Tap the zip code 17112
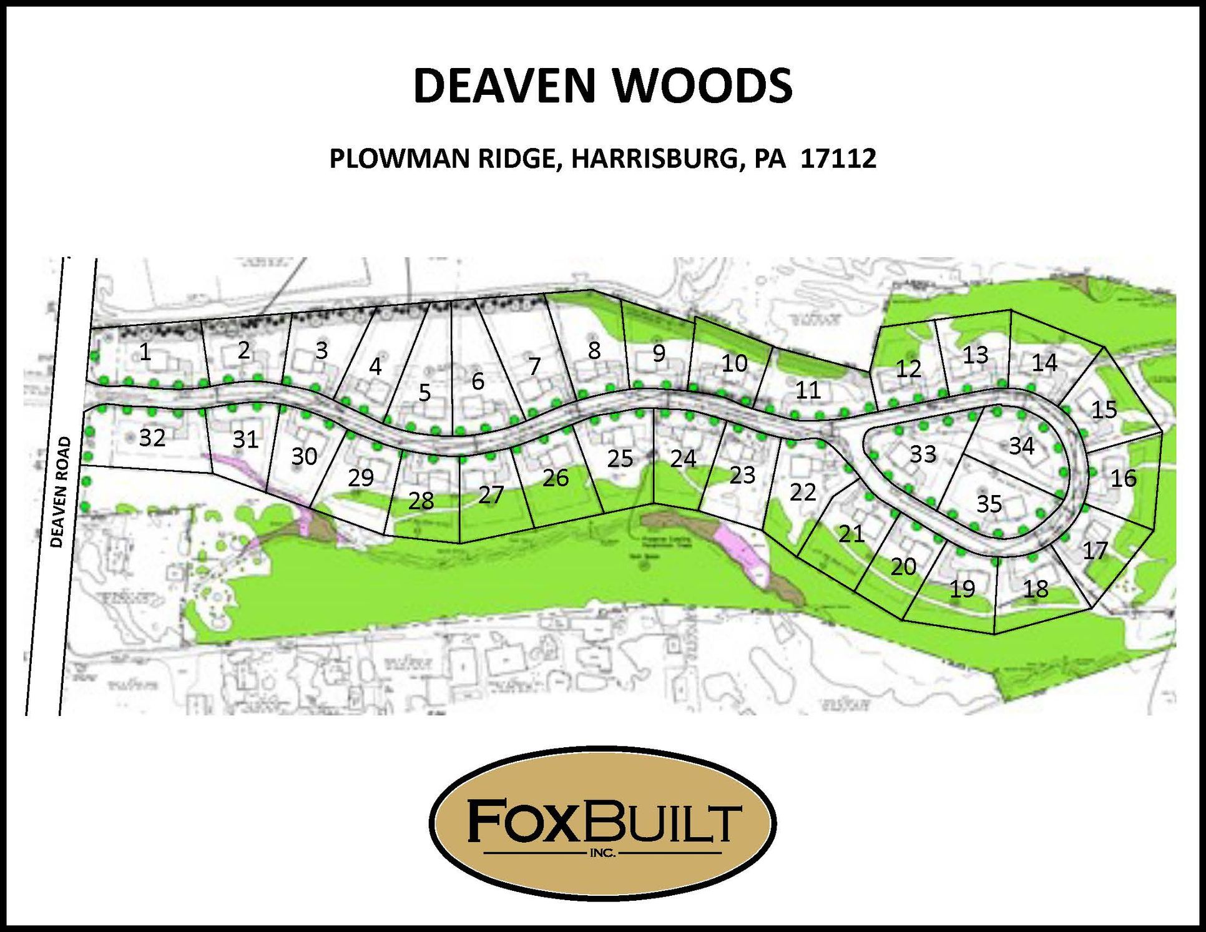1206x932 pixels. pos(838,159)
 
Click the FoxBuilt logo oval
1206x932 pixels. pos(603,823)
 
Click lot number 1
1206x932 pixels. pos(145,352)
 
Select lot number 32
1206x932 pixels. pos(152,438)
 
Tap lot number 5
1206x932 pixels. pos(424,393)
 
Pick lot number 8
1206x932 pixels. pos(594,351)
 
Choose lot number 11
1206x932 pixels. pos(808,390)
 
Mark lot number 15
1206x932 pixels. pos(1104,410)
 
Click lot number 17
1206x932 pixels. pos(1095,551)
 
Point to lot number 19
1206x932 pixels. pos(962,588)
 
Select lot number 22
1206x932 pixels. pos(803,493)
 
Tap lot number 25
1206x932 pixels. pos(620,459)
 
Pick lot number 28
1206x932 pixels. pos(421,500)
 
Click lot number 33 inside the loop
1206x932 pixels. pos(923,454)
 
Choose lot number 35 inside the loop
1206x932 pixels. pos(989,503)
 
